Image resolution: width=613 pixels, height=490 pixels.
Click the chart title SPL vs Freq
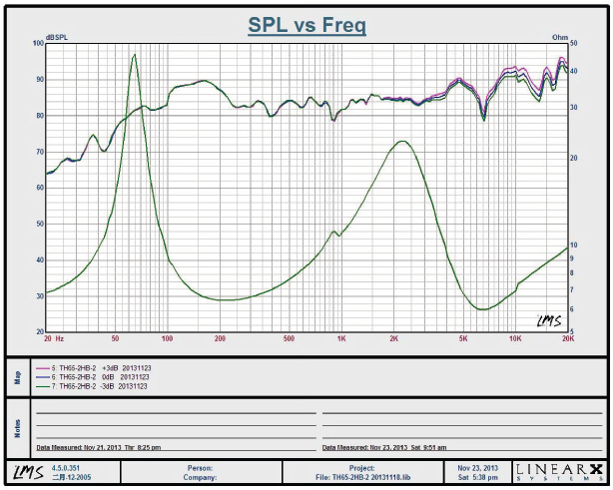click(306, 24)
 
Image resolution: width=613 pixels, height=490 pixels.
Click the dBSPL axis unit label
click(57, 37)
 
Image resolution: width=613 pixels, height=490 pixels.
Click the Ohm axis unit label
click(560, 37)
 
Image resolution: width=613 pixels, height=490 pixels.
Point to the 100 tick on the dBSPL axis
click(38, 44)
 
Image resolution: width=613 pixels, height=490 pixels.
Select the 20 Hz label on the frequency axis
click(54, 338)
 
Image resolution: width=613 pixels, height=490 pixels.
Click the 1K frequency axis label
click(341, 338)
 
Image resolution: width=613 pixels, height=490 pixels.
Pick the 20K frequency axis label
click(567, 338)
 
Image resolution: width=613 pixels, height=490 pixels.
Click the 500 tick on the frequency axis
click(289, 338)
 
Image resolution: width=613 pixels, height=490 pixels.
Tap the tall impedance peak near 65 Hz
click(134, 56)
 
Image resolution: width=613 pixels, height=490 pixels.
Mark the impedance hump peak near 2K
click(402, 142)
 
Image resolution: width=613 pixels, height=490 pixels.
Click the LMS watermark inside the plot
click(548, 319)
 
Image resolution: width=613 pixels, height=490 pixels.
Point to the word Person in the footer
click(199, 466)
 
